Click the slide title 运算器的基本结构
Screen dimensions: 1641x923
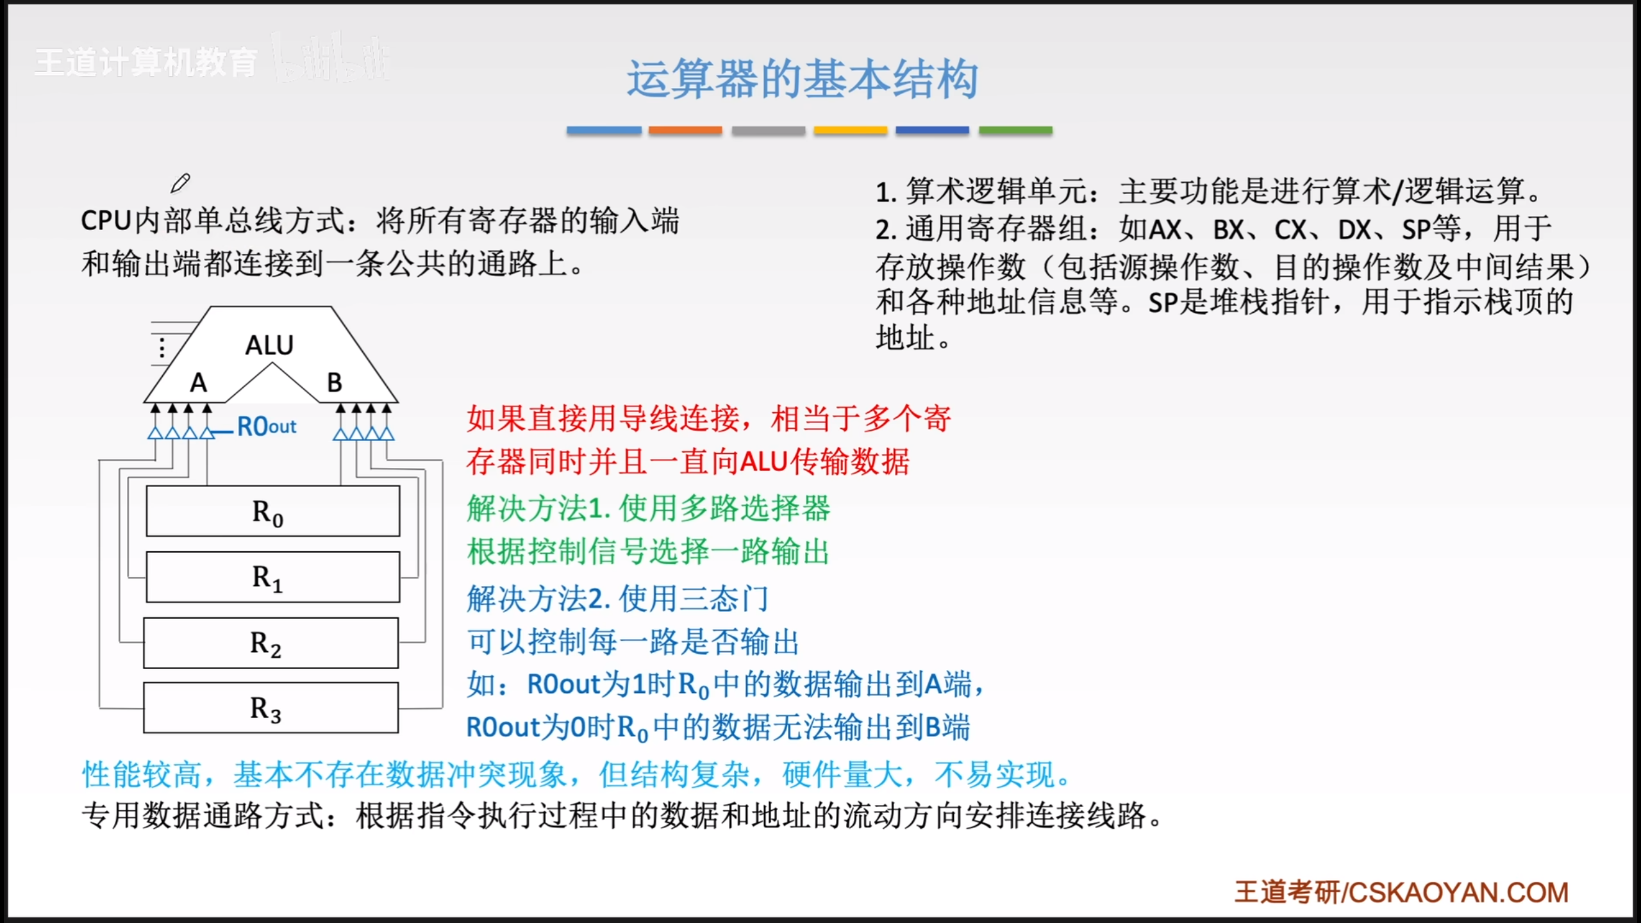(802, 79)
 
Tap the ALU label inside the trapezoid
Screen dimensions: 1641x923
(269, 345)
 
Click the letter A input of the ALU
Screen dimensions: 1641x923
(199, 383)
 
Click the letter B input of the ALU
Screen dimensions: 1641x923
(335, 383)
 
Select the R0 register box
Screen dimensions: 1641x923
(273, 511)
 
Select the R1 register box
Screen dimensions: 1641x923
(273, 577)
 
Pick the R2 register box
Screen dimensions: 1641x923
(271, 643)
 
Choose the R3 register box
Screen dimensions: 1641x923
(271, 708)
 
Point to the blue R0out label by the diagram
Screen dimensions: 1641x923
(267, 426)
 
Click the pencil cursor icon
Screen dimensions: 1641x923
(180, 183)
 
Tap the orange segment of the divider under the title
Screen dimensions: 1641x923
(685, 130)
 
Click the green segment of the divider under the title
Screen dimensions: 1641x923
(1015, 130)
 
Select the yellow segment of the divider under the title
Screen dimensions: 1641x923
(851, 130)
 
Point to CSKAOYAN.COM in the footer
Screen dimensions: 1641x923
(1458, 892)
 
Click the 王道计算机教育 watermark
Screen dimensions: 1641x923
(146, 62)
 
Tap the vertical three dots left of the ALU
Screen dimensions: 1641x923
(162, 347)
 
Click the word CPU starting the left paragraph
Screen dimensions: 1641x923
(106, 221)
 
